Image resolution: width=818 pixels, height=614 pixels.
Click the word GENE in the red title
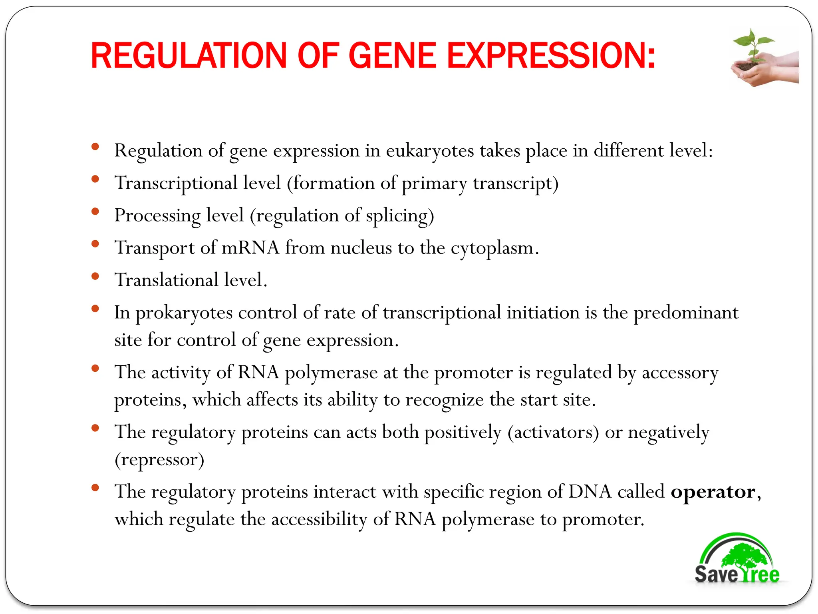[x=392, y=56]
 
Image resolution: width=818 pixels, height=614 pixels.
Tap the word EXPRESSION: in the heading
[x=551, y=56]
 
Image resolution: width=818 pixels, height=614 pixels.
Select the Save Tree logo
[x=737, y=560]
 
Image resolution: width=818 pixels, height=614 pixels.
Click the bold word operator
[x=713, y=492]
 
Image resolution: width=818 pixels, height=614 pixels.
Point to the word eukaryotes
[x=430, y=151]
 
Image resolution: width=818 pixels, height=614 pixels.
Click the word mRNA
[x=250, y=248]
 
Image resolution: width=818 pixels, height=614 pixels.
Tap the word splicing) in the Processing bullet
[x=400, y=216]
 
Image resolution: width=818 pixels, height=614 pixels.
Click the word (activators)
[x=553, y=433]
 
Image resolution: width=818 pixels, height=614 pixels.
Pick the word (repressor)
[x=159, y=460]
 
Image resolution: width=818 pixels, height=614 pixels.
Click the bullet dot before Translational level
[x=95, y=276]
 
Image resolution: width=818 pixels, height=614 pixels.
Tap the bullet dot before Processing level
[x=95, y=211]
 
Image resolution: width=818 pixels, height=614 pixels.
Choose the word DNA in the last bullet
[x=590, y=492]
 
